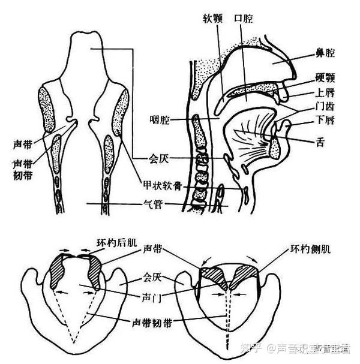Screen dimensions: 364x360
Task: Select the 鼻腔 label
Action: click(x=325, y=53)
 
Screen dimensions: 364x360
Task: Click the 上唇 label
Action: click(x=325, y=93)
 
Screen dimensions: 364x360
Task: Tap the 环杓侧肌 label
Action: click(x=313, y=248)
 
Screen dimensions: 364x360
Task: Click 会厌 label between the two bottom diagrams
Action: click(x=153, y=278)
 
